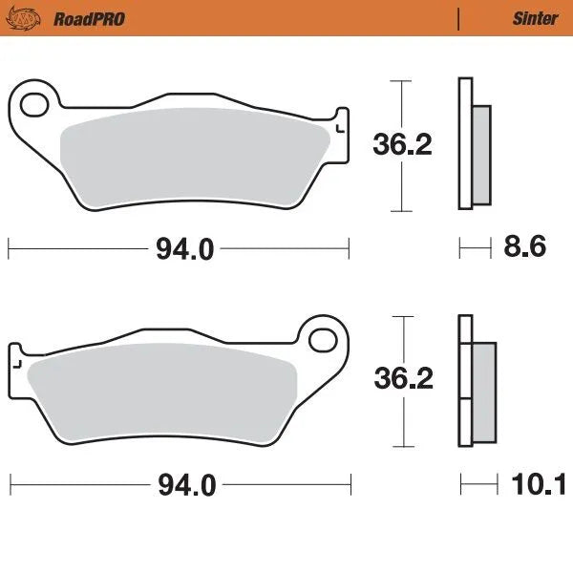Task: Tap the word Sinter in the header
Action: [x=529, y=18]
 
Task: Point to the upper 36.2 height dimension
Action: [x=402, y=144]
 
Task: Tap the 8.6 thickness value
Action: [x=524, y=248]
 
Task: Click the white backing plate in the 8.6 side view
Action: [x=465, y=143]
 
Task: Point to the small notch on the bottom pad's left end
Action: [x=15, y=363]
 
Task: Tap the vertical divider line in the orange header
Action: [x=459, y=18]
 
